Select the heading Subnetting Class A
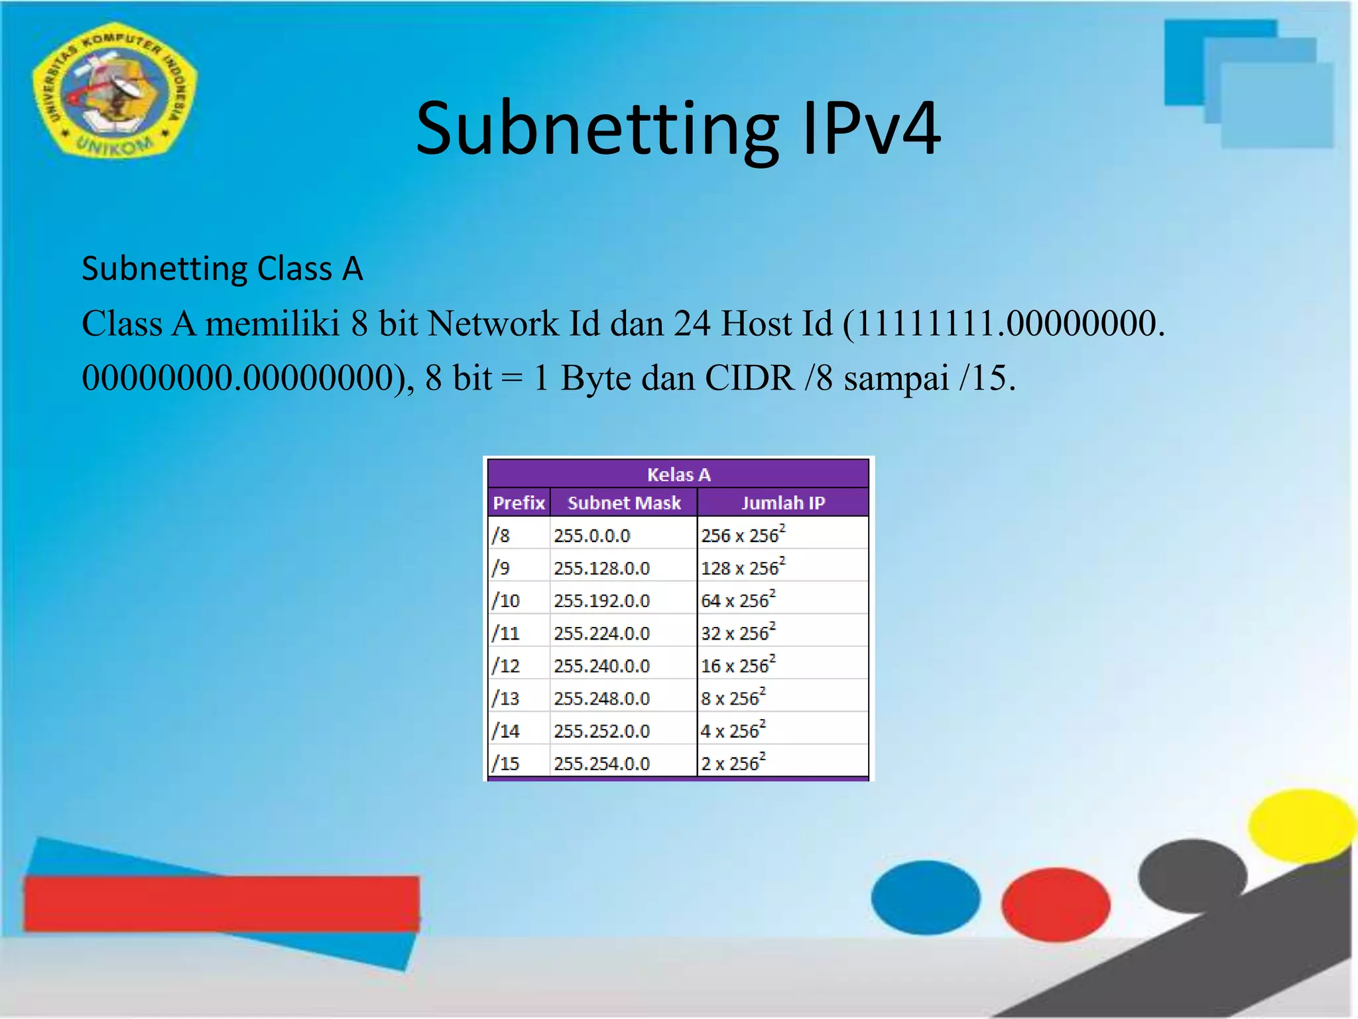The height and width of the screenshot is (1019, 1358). click(222, 269)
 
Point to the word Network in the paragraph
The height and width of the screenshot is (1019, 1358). click(493, 324)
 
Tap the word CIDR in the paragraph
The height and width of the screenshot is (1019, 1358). click(749, 379)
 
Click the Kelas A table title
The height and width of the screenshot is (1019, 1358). click(678, 474)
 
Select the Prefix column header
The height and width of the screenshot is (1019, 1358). click(519, 503)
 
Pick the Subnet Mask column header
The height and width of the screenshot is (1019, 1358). click(624, 503)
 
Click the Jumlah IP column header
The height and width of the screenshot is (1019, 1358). click(782, 503)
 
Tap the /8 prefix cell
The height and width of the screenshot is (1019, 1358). click(501, 535)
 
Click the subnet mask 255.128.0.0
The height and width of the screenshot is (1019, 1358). click(601, 568)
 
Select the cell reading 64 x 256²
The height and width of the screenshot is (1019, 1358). click(737, 600)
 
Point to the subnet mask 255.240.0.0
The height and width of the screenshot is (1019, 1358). click(601, 665)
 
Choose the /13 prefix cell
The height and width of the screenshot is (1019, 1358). click(506, 698)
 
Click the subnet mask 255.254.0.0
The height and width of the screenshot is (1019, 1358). click(601, 763)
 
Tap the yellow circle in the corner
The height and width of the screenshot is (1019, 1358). click(1301, 825)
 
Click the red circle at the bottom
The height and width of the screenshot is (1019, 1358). click(1055, 904)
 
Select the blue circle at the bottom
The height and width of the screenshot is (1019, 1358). click(925, 897)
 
